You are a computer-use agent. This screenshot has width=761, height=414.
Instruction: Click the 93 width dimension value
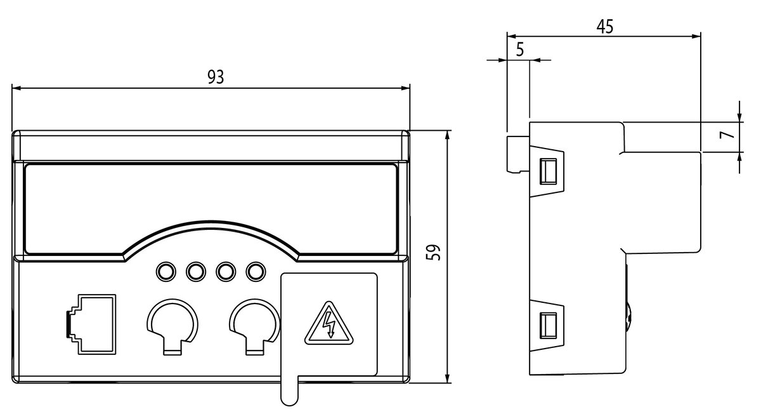point(216,77)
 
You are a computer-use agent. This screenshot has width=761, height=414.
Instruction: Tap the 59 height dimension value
point(433,252)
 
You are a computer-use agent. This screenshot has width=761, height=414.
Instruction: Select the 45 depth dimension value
point(605,27)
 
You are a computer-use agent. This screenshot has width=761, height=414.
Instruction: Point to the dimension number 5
point(520,50)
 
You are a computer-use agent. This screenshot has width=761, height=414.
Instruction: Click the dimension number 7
point(727,135)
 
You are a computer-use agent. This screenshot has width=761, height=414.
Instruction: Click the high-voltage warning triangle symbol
point(328,323)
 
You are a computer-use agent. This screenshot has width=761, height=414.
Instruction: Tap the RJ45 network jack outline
point(91,324)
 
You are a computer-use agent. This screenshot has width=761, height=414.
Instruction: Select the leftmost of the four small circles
point(166,272)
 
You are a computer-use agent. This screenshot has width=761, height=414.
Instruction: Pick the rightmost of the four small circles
point(256,272)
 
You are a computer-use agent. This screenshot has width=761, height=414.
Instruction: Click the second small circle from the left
point(196,272)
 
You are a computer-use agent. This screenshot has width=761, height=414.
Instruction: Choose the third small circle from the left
point(226,272)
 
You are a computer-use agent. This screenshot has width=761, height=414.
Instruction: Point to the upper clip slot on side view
point(548,171)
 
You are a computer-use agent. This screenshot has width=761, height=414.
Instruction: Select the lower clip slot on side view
point(548,326)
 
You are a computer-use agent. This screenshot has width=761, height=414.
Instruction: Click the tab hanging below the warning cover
point(289,391)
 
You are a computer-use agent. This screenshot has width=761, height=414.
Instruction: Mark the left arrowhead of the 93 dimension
point(16,88)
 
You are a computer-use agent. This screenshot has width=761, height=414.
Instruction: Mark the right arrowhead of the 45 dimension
point(696,36)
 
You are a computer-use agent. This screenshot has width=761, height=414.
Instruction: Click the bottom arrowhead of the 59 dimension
point(447,378)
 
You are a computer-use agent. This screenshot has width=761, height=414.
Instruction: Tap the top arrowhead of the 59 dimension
point(447,135)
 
